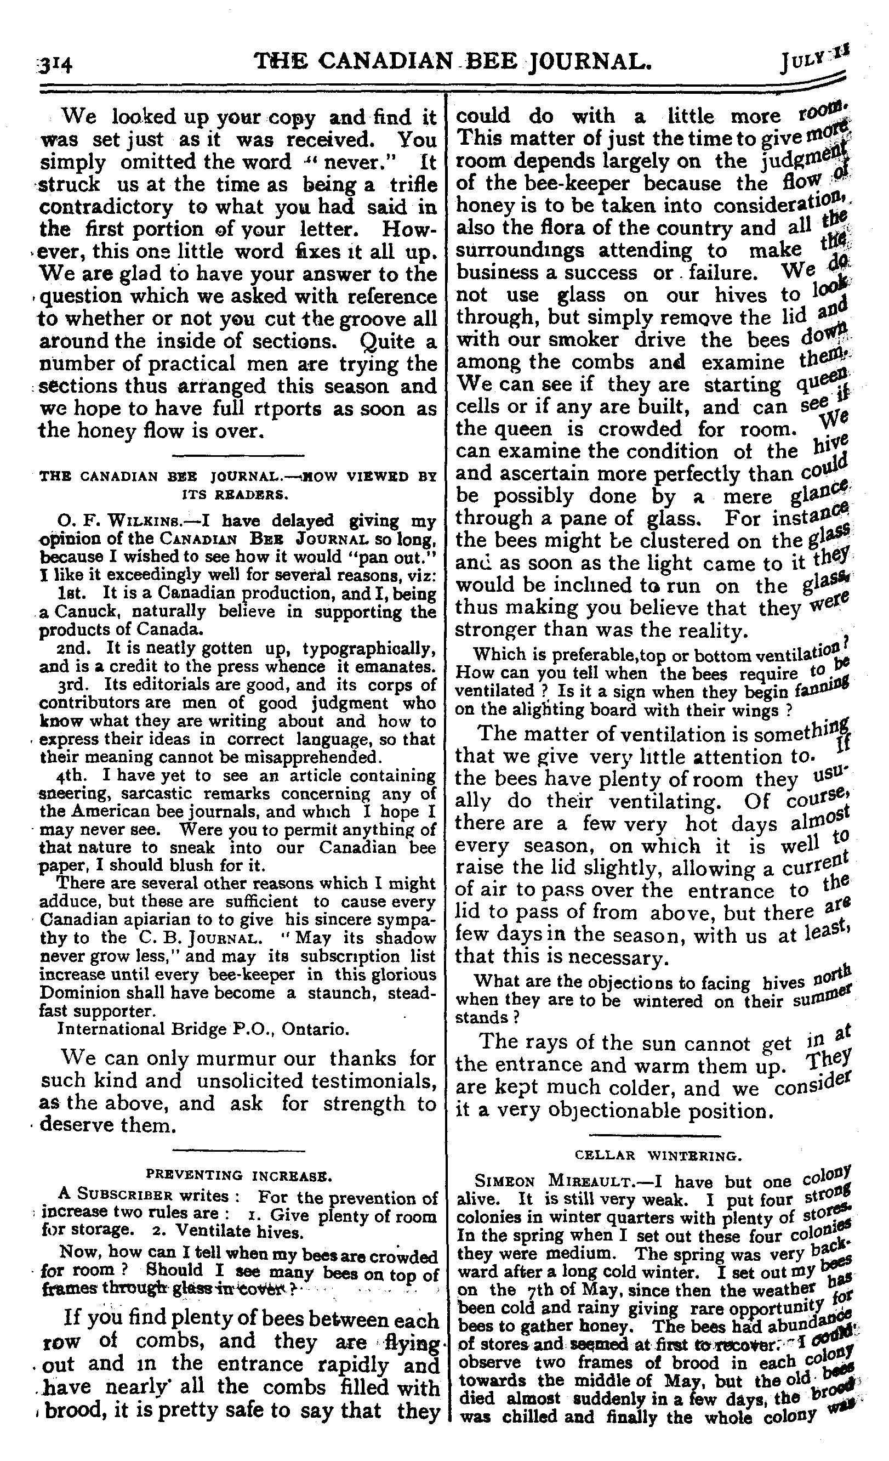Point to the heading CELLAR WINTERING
point(657,1155)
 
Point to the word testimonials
point(375,1081)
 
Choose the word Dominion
point(77,993)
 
